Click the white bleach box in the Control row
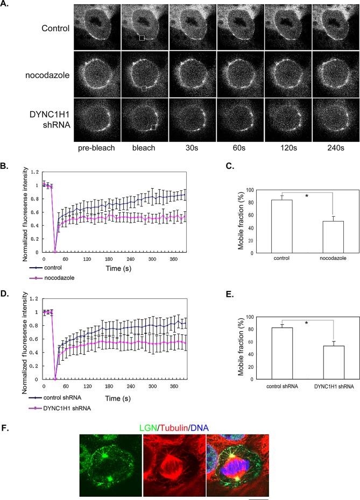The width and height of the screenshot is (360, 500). [x=142, y=38]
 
